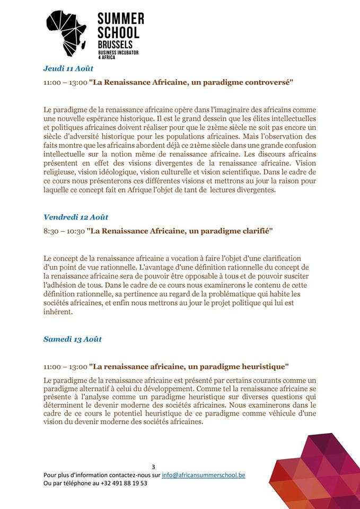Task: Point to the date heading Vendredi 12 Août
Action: point(75,217)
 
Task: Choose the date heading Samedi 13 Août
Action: point(73,339)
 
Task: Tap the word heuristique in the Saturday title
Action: point(259,366)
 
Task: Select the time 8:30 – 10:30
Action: point(64,231)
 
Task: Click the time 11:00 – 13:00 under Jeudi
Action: point(65,83)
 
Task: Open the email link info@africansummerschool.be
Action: point(204,475)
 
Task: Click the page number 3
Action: point(153,467)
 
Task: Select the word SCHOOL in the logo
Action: point(118,33)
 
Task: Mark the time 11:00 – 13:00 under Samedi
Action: point(65,366)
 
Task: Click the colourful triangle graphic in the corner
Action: point(318,472)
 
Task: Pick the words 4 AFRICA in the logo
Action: point(107,57)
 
